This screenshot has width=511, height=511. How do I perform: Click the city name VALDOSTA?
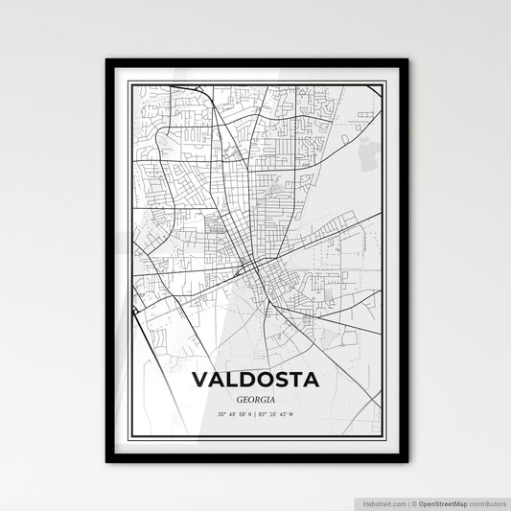pos(255,380)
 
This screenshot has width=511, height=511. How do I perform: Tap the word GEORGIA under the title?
pos(255,400)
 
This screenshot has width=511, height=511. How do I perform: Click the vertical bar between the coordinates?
pos(256,414)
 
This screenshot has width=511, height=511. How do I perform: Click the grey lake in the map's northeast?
pos(363,151)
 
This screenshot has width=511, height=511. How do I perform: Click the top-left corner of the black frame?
pos(107,60)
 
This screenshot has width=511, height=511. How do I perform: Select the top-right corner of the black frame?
pos(406,60)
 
